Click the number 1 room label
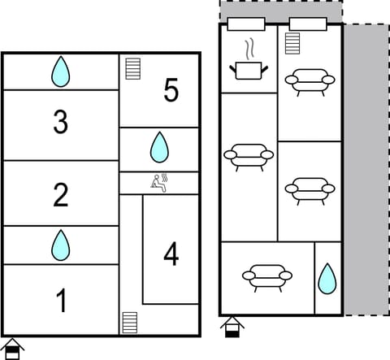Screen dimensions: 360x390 pos(61,301)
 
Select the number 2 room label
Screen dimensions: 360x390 pos(61,195)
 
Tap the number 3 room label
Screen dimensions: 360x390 pos(61,122)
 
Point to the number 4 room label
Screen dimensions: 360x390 pos(171,254)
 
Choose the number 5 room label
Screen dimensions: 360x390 pos(171,91)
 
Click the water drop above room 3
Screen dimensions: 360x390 pos(61,72)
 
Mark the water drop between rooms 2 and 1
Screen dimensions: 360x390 pos(61,245)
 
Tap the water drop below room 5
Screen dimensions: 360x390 pos(159,148)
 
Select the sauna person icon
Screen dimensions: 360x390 pos(158,184)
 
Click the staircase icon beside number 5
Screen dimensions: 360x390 pos(133,67)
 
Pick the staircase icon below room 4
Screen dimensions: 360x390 pos(129,322)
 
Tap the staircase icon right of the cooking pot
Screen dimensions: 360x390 pos(293,43)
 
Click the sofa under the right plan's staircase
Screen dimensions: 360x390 pos(310,81)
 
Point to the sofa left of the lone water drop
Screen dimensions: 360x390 pos(267,277)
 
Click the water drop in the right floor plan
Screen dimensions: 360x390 pos(327,278)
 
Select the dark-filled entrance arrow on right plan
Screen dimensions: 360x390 pos(232,327)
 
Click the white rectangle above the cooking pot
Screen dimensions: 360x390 pos(246,24)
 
